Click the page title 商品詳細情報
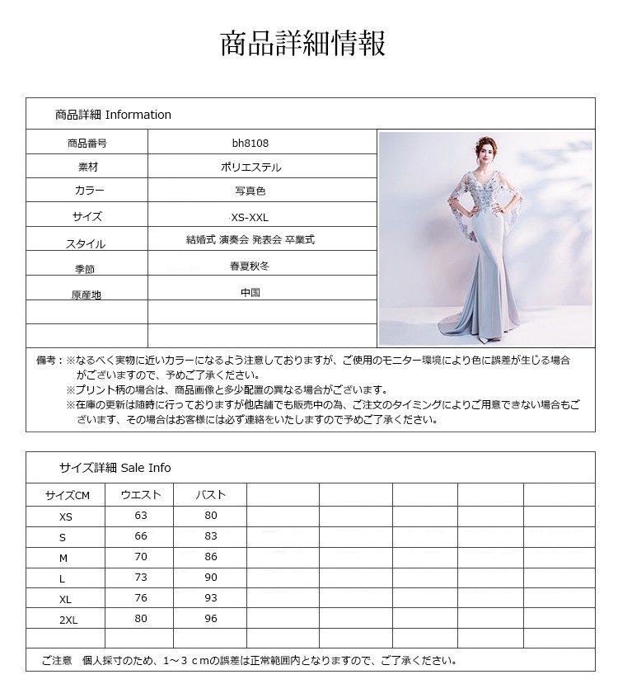click(302, 44)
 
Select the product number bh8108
click(250, 143)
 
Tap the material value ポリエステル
click(250, 167)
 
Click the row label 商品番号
click(87, 143)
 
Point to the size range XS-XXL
click(250, 217)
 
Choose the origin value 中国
click(250, 292)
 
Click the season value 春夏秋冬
click(250, 266)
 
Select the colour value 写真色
click(250, 191)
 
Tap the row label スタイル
click(86, 243)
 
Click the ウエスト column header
click(141, 495)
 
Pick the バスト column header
click(210, 495)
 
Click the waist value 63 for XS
click(141, 516)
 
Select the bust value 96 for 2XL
click(211, 619)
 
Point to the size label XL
click(66, 600)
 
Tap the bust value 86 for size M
click(211, 557)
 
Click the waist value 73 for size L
click(141, 578)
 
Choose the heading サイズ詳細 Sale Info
click(115, 468)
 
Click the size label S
click(63, 537)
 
